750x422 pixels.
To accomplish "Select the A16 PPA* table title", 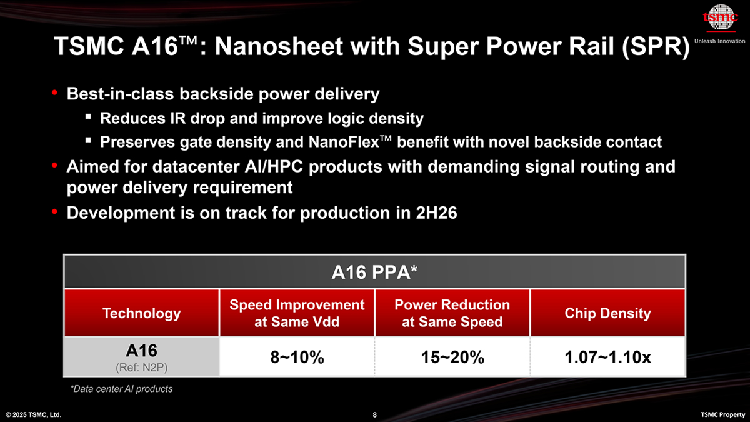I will tap(374, 273).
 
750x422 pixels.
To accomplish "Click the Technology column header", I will tap(141, 313).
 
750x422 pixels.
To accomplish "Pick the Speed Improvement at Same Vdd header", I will tap(297, 313).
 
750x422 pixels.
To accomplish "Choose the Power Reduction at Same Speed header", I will tap(452, 313).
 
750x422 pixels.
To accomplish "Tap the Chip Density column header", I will tap(607, 313).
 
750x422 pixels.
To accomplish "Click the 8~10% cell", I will tap(297, 358).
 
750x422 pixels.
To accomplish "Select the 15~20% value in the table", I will tap(452, 358).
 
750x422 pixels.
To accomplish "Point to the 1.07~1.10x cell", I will tap(607, 358).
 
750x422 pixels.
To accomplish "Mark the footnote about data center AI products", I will tap(121, 389).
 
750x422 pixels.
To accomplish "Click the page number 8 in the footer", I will tap(374, 414).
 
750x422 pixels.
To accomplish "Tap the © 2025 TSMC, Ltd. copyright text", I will tap(34, 414).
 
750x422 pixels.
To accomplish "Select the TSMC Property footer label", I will tap(721, 414).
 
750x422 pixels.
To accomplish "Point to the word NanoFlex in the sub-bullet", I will tap(341, 142).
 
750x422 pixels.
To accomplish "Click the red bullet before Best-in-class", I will tap(55, 93).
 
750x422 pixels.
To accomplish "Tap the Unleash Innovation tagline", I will tap(720, 41).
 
